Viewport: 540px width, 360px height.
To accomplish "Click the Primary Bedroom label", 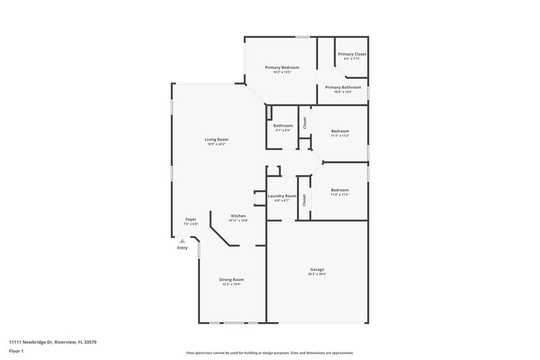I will pos(281,68).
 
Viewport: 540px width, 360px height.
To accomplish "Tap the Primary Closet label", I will pos(352,54).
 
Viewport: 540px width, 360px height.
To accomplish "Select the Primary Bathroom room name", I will pos(343,87).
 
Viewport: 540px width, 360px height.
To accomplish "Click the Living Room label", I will pos(217,140).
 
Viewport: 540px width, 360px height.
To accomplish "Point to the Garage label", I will pos(317,269).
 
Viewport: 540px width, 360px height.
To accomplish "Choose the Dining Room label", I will pos(232,280).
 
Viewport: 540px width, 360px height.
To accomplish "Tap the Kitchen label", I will pos(238,216).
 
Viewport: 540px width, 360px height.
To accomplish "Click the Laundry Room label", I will pos(281,196).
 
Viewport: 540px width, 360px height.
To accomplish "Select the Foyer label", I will pos(191,220).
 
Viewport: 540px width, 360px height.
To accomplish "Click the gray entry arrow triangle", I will pos(182,240).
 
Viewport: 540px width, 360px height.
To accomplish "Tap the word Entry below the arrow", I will pos(182,248).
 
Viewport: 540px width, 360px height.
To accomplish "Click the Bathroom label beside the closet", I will pos(283,126).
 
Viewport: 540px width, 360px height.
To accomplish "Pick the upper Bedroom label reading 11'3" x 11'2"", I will pos(340,131).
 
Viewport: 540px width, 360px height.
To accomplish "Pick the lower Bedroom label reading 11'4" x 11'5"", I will pos(340,190).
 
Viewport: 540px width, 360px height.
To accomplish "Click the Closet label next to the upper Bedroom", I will pos(304,123).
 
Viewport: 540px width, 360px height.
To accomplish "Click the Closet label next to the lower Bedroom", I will pos(304,200).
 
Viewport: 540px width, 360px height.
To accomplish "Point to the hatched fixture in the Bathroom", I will pos(269,111).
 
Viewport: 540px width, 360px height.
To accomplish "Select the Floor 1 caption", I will pos(17,351).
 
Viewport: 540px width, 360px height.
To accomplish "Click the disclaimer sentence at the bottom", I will pos(269,353).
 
